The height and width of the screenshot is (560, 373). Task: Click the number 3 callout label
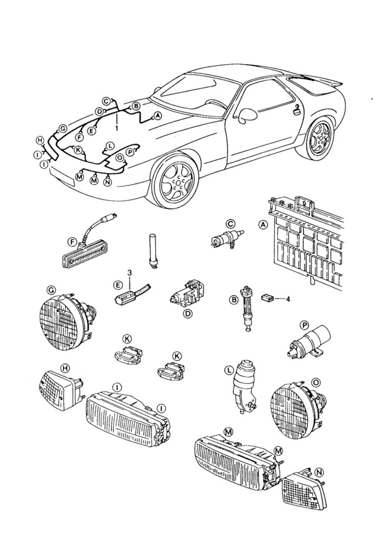(x=130, y=273)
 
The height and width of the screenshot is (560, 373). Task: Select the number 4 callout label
(x=288, y=299)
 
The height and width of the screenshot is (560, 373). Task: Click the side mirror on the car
(x=247, y=116)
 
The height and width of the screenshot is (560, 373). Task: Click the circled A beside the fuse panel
(x=262, y=226)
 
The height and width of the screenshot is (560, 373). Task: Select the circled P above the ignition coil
(x=305, y=325)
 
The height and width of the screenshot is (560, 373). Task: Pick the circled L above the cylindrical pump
(x=228, y=370)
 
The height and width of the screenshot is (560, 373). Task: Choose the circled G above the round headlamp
(x=50, y=290)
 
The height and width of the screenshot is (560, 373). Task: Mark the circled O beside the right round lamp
(x=316, y=381)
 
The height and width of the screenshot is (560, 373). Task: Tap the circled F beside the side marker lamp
(x=73, y=241)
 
